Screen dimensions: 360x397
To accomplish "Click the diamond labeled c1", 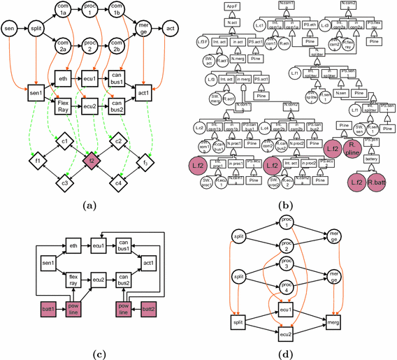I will [64, 142].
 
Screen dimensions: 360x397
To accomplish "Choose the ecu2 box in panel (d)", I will [286, 333].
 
